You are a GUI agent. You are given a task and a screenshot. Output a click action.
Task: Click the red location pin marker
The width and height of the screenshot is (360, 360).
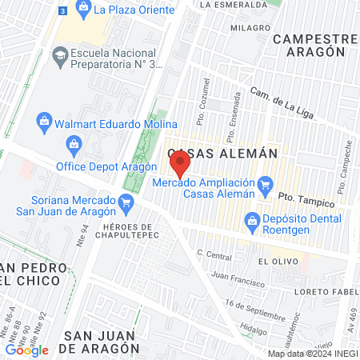(x=180, y=166)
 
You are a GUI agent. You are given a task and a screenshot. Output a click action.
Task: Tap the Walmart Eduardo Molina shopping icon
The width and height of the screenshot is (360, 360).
(x=46, y=122)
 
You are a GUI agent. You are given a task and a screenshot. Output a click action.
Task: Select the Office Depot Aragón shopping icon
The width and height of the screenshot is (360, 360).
(x=74, y=145)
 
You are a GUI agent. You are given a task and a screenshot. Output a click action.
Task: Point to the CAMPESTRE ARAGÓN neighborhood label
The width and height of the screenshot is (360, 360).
(x=313, y=45)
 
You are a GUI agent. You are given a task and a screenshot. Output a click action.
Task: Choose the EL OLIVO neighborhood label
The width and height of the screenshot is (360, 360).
(x=273, y=262)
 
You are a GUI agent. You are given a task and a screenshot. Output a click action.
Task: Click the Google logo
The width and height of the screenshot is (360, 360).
(x=26, y=350)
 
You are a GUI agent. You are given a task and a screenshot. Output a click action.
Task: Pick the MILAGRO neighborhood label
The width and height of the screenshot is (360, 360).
(x=250, y=27)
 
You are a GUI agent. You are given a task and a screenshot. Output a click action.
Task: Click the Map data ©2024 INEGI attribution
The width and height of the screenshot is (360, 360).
(x=312, y=353)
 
